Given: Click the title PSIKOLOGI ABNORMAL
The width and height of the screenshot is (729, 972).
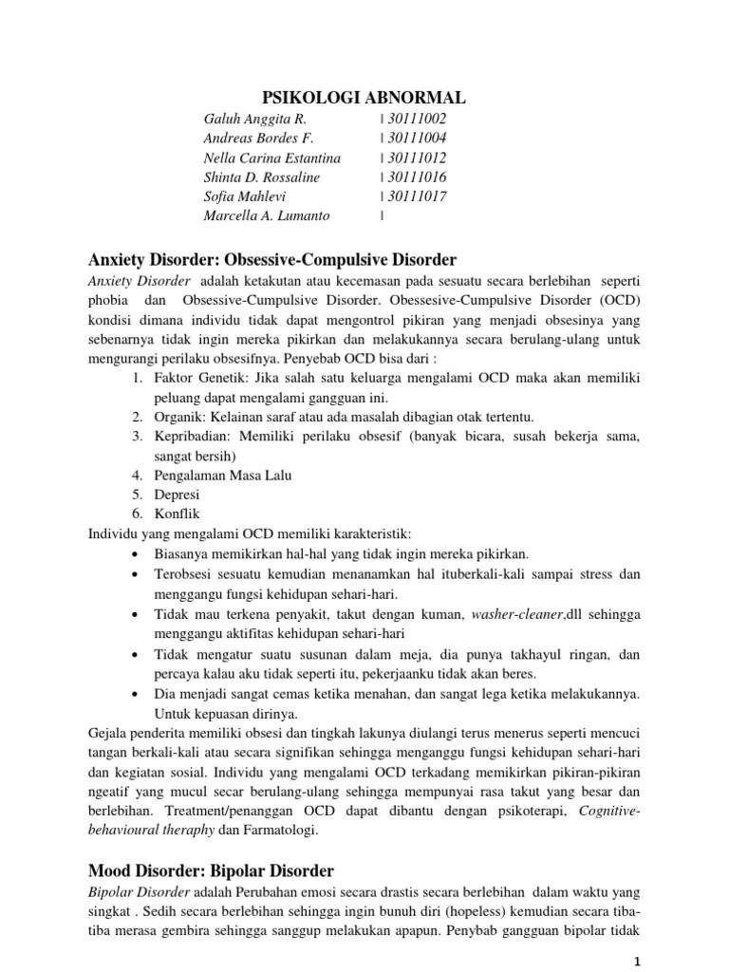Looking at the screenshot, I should click(364, 98).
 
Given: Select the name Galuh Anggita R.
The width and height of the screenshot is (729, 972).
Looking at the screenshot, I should click(254, 119).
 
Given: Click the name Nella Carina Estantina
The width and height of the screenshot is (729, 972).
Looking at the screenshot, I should click(271, 158).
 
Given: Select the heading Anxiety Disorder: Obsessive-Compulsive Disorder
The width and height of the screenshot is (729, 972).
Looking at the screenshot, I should click(273, 259).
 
